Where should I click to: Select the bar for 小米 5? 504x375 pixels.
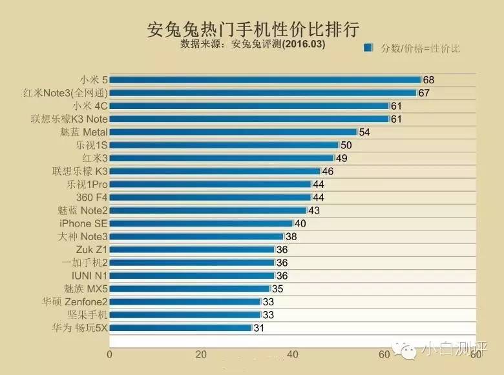pyautogui.click(x=265, y=79)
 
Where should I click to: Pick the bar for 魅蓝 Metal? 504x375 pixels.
pyautogui.click(x=233, y=132)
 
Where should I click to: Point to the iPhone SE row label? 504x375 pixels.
pyautogui.click(x=83, y=223)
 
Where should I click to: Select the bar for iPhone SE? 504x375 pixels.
pyautogui.click(x=201, y=223)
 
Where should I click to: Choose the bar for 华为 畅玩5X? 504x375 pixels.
pyautogui.click(x=180, y=327)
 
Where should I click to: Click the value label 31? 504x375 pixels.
pyautogui.click(x=258, y=327)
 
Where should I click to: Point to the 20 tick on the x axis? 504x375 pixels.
pyautogui.click(x=202, y=354)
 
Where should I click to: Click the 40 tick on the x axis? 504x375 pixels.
pyautogui.click(x=293, y=354)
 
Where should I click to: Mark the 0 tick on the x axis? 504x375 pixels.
pyautogui.click(x=110, y=354)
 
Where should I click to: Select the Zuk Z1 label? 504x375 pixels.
pyautogui.click(x=91, y=249)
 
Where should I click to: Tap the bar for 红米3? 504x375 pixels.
pyautogui.click(x=222, y=158)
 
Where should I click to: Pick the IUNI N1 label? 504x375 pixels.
pyautogui.click(x=90, y=275)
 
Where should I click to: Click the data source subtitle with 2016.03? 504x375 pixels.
pyautogui.click(x=253, y=46)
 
